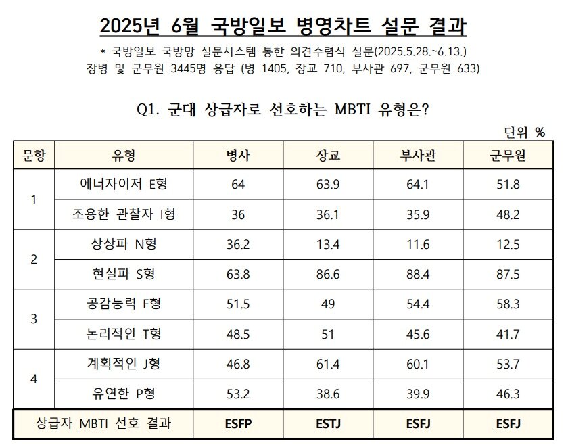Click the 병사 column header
pos(238,156)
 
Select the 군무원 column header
pos(508,156)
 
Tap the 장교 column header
pos(328,156)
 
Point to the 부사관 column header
pos(418,156)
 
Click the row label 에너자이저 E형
pos(124,185)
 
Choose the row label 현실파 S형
pos(124,275)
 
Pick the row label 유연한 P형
pos(124,394)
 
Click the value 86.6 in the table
pos(328,275)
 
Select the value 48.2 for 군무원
pos(508,215)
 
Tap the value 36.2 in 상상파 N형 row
pos(238,245)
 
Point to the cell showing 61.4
pos(328,365)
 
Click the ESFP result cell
pos(238,424)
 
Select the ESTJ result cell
pos(328,424)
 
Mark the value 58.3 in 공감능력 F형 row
pos(508,304)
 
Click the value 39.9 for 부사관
pos(418,394)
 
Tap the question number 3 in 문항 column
pos(34,319)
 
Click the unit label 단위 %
pos(524,133)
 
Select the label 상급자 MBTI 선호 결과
pos(103,424)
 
